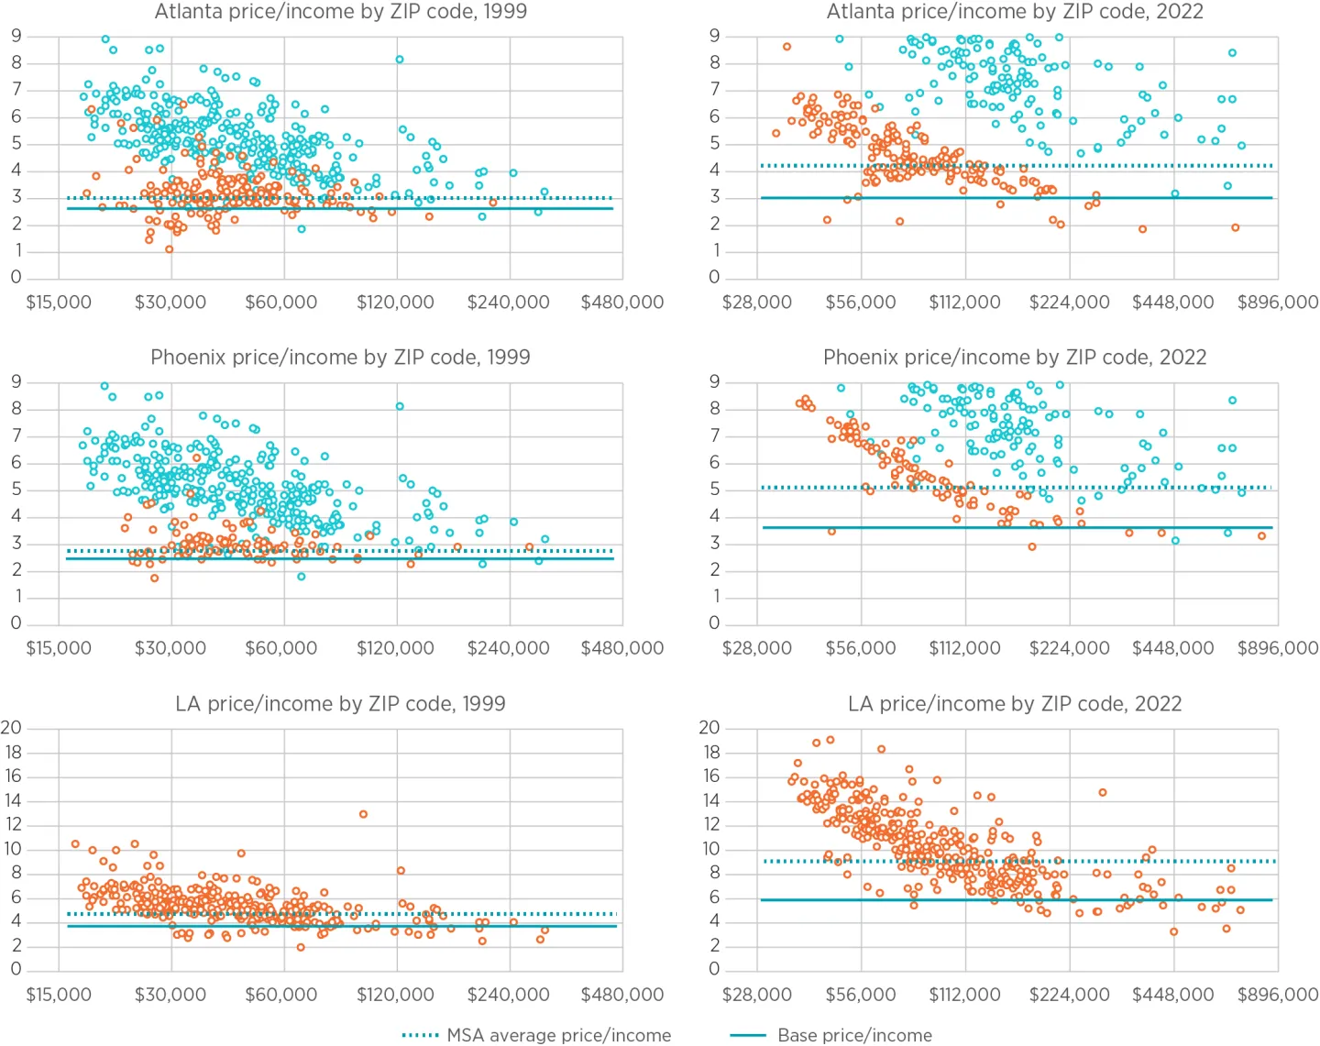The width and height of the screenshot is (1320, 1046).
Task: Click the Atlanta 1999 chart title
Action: coord(340,12)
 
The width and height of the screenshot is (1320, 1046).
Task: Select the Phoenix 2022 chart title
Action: coord(1014,358)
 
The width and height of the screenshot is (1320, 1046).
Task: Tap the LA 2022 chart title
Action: coord(1014,704)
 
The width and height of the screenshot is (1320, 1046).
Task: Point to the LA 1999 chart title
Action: coord(340,704)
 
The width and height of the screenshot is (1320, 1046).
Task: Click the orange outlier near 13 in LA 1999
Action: coord(364,814)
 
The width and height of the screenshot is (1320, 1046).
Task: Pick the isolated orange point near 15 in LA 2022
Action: coord(1103,792)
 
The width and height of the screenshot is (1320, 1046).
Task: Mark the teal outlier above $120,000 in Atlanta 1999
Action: coord(400,60)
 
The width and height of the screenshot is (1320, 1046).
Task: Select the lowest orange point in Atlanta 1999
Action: coord(170,249)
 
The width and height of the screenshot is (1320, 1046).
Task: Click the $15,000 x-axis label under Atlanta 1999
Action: coord(59,303)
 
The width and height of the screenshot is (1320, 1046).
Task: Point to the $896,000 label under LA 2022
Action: coord(1278,995)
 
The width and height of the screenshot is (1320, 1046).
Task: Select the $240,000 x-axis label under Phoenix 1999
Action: coord(509,648)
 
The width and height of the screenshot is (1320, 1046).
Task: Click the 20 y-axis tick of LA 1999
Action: coord(11,728)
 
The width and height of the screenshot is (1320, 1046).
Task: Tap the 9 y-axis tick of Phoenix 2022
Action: coord(715,382)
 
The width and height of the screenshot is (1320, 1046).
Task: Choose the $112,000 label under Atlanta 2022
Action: coord(964,303)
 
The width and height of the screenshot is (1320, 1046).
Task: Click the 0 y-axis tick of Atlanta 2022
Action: coord(715,278)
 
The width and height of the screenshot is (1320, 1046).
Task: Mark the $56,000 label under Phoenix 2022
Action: coord(861,648)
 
